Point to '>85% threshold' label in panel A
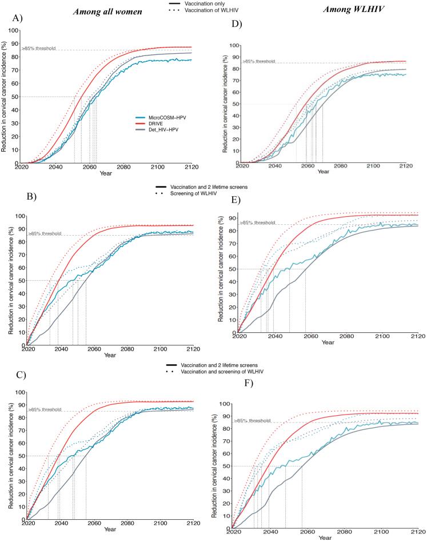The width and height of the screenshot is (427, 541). click(x=38, y=48)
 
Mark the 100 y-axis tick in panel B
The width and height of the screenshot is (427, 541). click(x=19, y=217)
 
